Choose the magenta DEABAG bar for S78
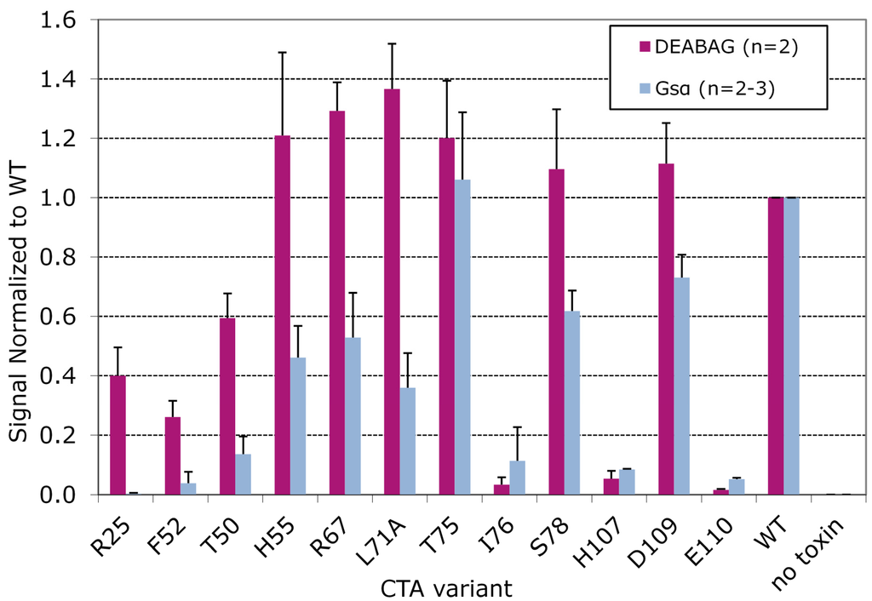coord(557,332)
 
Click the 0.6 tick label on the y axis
coord(69,317)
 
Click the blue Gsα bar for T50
coord(242,474)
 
